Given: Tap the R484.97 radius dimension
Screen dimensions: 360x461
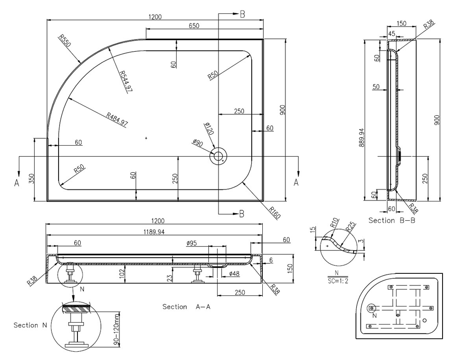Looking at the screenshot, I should pyautogui.click(x=116, y=119).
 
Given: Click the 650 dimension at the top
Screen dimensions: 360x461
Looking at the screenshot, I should pyautogui.click(x=194, y=26).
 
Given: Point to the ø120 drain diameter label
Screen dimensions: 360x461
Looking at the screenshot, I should pyautogui.click(x=208, y=129).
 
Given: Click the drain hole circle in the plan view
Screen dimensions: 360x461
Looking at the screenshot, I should pyautogui.click(x=218, y=156).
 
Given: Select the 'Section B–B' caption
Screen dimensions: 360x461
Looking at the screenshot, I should pyautogui.click(x=392, y=220).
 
